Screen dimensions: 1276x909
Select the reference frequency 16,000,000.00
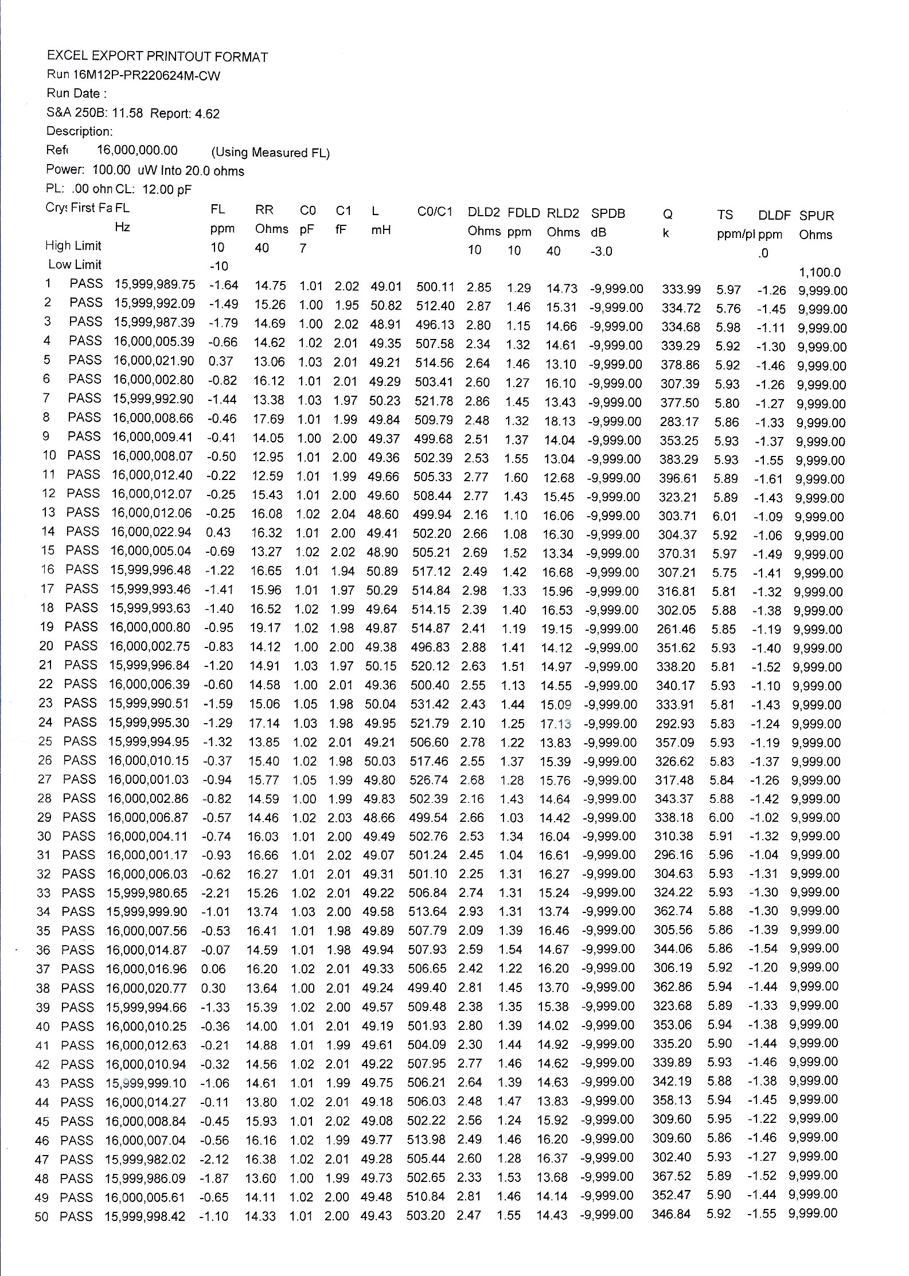click(x=137, y=150)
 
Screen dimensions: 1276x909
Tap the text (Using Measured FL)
click(x=270, y=153)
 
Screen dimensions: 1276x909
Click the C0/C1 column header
click(x=435, y=212)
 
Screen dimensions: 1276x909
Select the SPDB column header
click(x=608, y=213)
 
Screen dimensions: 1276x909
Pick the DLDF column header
click(x=774, y=216)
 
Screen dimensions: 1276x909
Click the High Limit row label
click(x=73, y=245)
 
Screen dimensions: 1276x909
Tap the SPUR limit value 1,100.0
click(x=820, y=272)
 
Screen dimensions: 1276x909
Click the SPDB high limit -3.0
click(x=600, y=251)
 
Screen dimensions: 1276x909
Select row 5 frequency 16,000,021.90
click(x=154, y=361)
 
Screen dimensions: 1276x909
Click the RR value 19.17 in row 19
click(x=265, y=628)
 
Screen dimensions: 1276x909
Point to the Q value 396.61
click(x=678, y=478)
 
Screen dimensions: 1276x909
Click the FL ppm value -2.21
click(x=216, y=893)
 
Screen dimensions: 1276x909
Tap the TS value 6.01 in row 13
click(x=724, y=516)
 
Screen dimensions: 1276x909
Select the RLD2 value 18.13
click(x=559, y=422)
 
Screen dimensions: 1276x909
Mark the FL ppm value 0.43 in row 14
click(x=218, y=532)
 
